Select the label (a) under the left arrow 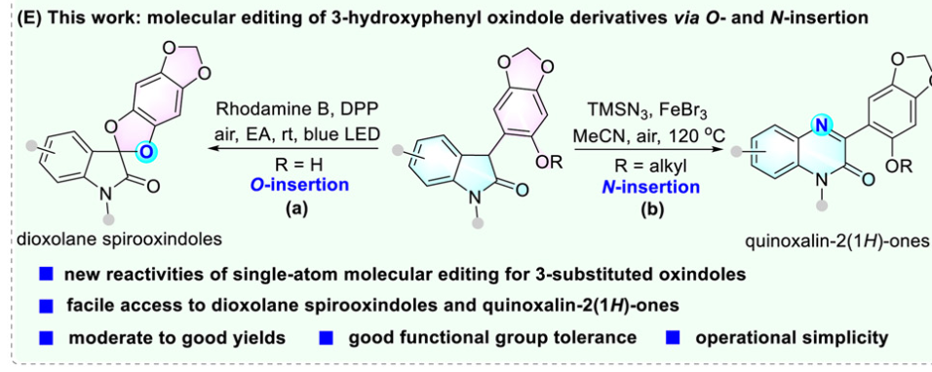click(x=297, y=208)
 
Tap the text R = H click(x=297, y=164)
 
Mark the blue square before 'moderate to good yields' click(x=48, y=338)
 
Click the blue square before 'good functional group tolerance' click(x=327, y=338)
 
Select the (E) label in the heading click(x=28, y=18)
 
